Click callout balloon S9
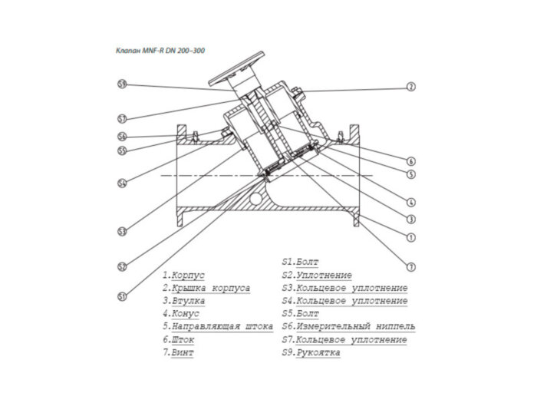pyautogui.click(x=122, y=84)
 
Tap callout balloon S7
pyautogui.click(x=122, y=118)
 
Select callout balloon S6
pyautogui.click(x=122, y=137)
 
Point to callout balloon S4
pyautogui.click(x=122, y=183)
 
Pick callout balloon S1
pyautogui.click(x=122, y=296)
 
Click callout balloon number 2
pyautogui.click(x=411, y=87)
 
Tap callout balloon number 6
pyautogui.click(x=411, y=161)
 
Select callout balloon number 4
pyautogui.click(x=411, y=203)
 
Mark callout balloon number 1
pyautogui.click(x=411, y=237)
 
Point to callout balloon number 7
pyautogui.click(x=411, y=266)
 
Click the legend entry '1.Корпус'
pyautogui.click(x=183, y=274)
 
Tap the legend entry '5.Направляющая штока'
pyautogui.click(x=218, y=327)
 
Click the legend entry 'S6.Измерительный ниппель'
pyautogui.click(x=343, y=327)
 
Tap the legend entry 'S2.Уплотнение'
pyautogui.click(x=318, y=274)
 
